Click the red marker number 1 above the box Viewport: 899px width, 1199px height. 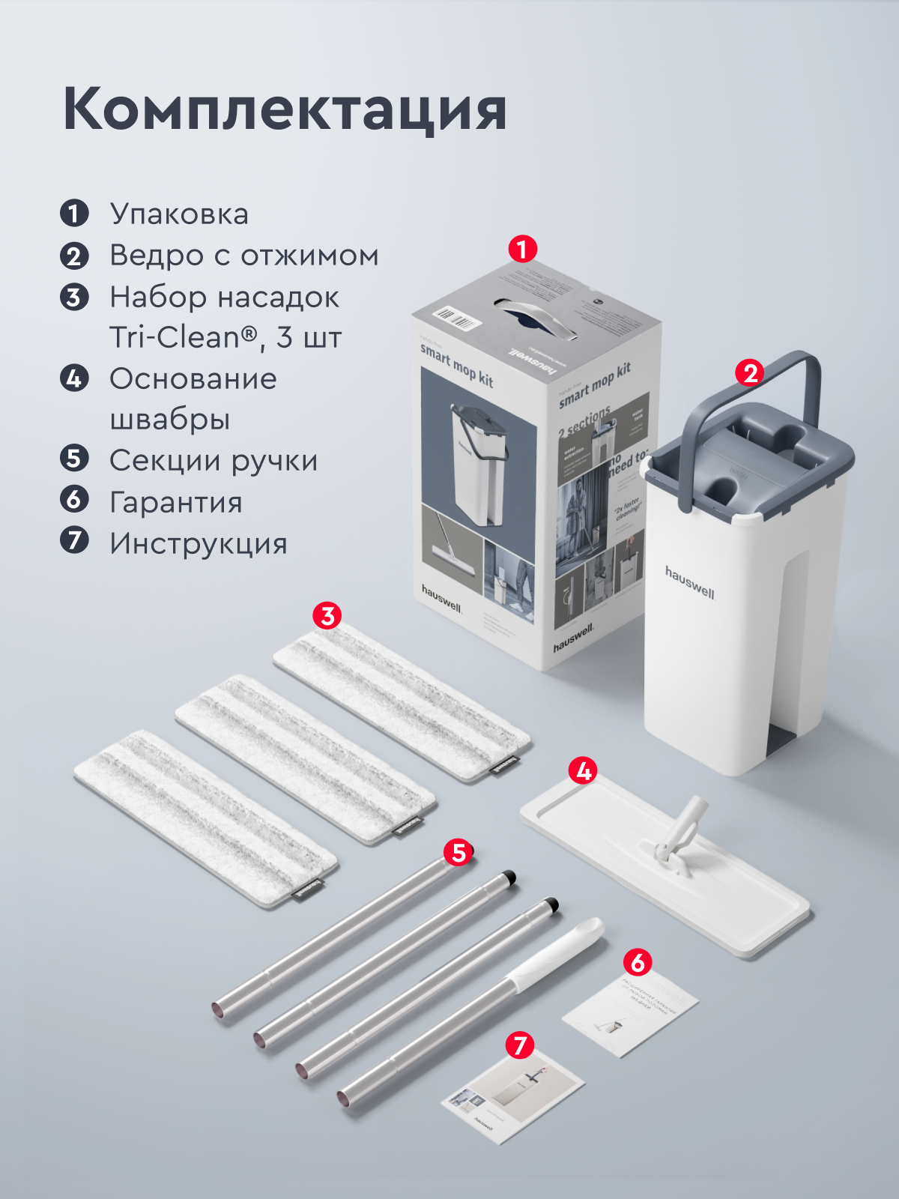point(522,249)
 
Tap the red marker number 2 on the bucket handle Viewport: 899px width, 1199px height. point(750,372)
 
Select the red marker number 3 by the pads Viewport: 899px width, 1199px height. point(327,616)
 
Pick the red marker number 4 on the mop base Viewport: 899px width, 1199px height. point(583,770)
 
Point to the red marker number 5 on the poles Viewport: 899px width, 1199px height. point(458,852)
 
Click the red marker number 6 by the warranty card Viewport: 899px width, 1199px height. point(638,962)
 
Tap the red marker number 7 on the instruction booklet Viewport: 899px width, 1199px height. point(520,1045)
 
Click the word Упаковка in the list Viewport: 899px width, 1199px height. point(179,214)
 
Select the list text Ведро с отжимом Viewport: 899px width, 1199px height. point(243,256)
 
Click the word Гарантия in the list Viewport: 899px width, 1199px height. point(176,502)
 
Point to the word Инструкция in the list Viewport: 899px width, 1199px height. point(199,543)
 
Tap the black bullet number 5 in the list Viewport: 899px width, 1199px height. point(74,458)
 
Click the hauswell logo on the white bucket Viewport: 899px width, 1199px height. point(690,582)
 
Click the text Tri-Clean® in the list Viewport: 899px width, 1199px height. point(184,338)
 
